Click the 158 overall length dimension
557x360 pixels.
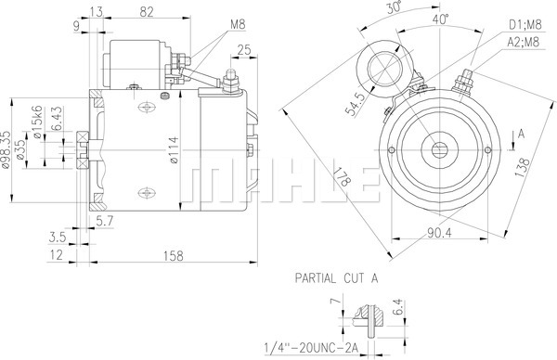(x=174, y=256)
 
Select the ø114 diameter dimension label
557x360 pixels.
(x=174, y=150)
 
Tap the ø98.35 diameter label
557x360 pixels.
(x=6, y=148)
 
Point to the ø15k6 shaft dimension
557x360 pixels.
(x=38, y=122)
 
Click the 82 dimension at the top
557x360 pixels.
(x=147, y=12)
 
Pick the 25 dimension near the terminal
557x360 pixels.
(x=244, y=50)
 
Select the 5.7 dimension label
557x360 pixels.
(x=105, y=222)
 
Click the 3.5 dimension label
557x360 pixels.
(x=58, y=238)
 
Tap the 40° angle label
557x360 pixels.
(x=440, y=19)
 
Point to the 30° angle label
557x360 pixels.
(x=394, y=6)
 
